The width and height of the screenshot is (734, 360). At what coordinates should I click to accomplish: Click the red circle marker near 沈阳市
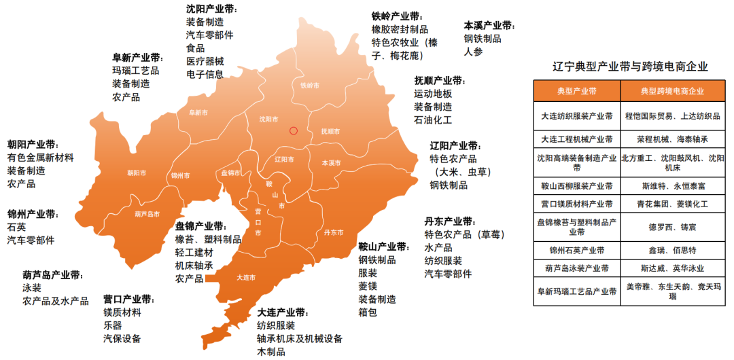coord(293,130)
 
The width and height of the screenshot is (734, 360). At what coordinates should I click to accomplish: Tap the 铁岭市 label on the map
coord(309,86)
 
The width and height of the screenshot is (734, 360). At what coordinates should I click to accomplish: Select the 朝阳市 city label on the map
coord(137,173)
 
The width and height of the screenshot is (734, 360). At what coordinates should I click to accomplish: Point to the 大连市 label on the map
coord(246,277)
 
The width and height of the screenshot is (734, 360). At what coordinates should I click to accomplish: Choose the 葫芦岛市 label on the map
coord(147,214)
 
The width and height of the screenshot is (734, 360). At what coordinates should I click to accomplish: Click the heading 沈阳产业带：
coord(211,10)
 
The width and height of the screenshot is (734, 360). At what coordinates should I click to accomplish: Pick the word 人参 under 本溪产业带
coord(473,52)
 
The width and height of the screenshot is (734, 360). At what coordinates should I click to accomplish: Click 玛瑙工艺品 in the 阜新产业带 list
coord(136,71)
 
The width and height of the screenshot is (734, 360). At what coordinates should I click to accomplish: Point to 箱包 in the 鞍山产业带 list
coord(368,312)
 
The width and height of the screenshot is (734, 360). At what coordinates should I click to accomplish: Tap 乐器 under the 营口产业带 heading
coord(113,325)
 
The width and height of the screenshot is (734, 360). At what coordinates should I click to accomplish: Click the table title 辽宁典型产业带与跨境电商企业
coord(630,67)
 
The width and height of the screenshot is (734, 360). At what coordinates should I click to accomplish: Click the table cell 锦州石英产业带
coord(576,251)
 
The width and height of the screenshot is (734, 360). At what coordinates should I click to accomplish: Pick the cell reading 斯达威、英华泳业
coord(672,268)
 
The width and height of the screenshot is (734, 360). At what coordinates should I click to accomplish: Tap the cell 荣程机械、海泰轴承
coord(672,139)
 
